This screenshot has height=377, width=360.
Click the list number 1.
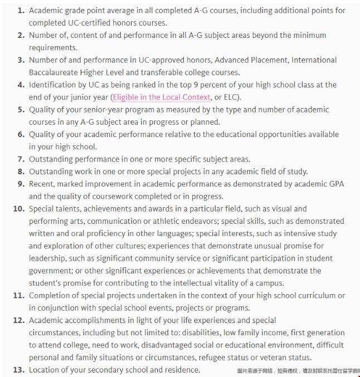coord(21,11)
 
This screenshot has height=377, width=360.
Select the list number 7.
coord(21,159)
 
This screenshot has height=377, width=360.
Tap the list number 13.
coord(18,370)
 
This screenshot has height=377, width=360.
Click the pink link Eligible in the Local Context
coord(162,97)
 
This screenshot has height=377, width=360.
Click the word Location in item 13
coord(46,370)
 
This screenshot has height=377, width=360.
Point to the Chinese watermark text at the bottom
coord(298,371)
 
